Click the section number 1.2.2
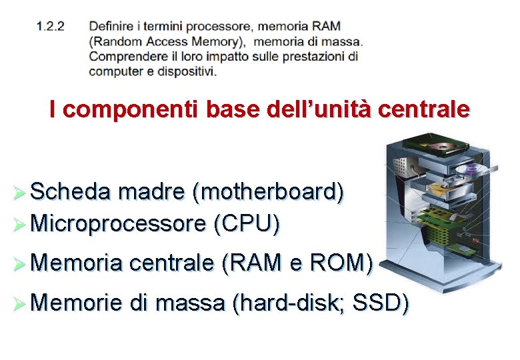(x=51, y=27)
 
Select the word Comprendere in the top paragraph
(x=125, y=56)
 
